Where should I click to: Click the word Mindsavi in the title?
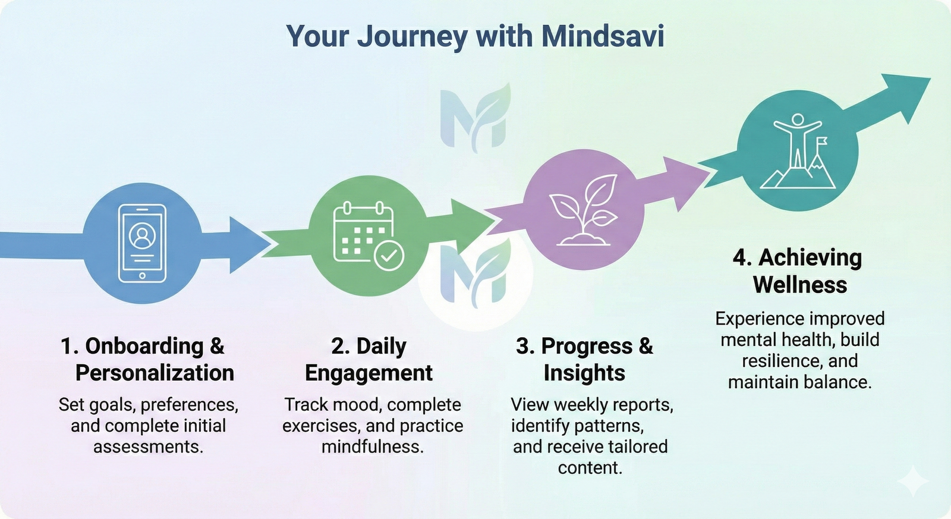click(x=602, y=36)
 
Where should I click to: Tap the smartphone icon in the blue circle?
click(x=141, y=243)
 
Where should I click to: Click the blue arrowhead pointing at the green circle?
click(x=248, y=244)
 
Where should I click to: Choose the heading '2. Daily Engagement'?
click(x=369, y=359)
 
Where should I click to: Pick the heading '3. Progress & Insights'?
click(x=584, y=359)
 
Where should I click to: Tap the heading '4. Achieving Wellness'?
click(x=798, y=271)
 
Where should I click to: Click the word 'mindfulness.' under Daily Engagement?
click(x=373, y=446)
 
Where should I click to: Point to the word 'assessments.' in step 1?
click(x=148, y=446)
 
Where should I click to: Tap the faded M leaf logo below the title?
click(x=475, y=117)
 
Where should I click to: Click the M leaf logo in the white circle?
click(x=475, y=273)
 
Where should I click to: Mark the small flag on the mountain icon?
click(x=821, y=143)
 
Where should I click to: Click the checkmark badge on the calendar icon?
click(x=389, y=256)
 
